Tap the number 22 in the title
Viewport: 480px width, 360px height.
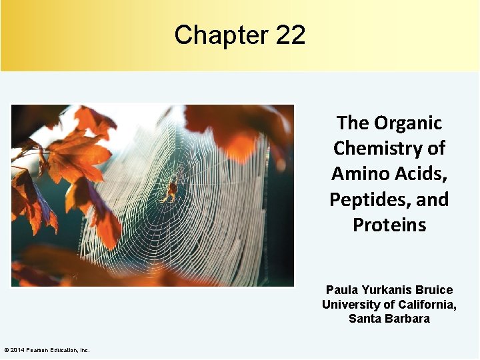click(290, 35)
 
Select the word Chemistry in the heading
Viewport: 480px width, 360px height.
click(389, 149)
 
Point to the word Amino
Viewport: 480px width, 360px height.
click(360, 174)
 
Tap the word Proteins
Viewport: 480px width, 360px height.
click(389, 225)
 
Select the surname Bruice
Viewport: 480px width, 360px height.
click(434, 290)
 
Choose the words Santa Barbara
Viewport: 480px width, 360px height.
click(389, 319)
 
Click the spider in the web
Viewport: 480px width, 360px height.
click(171, 191)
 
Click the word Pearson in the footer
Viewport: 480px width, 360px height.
click(37, 350)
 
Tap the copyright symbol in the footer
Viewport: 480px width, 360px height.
click(6, 350)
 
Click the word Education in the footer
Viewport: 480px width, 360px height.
click(64, 350)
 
